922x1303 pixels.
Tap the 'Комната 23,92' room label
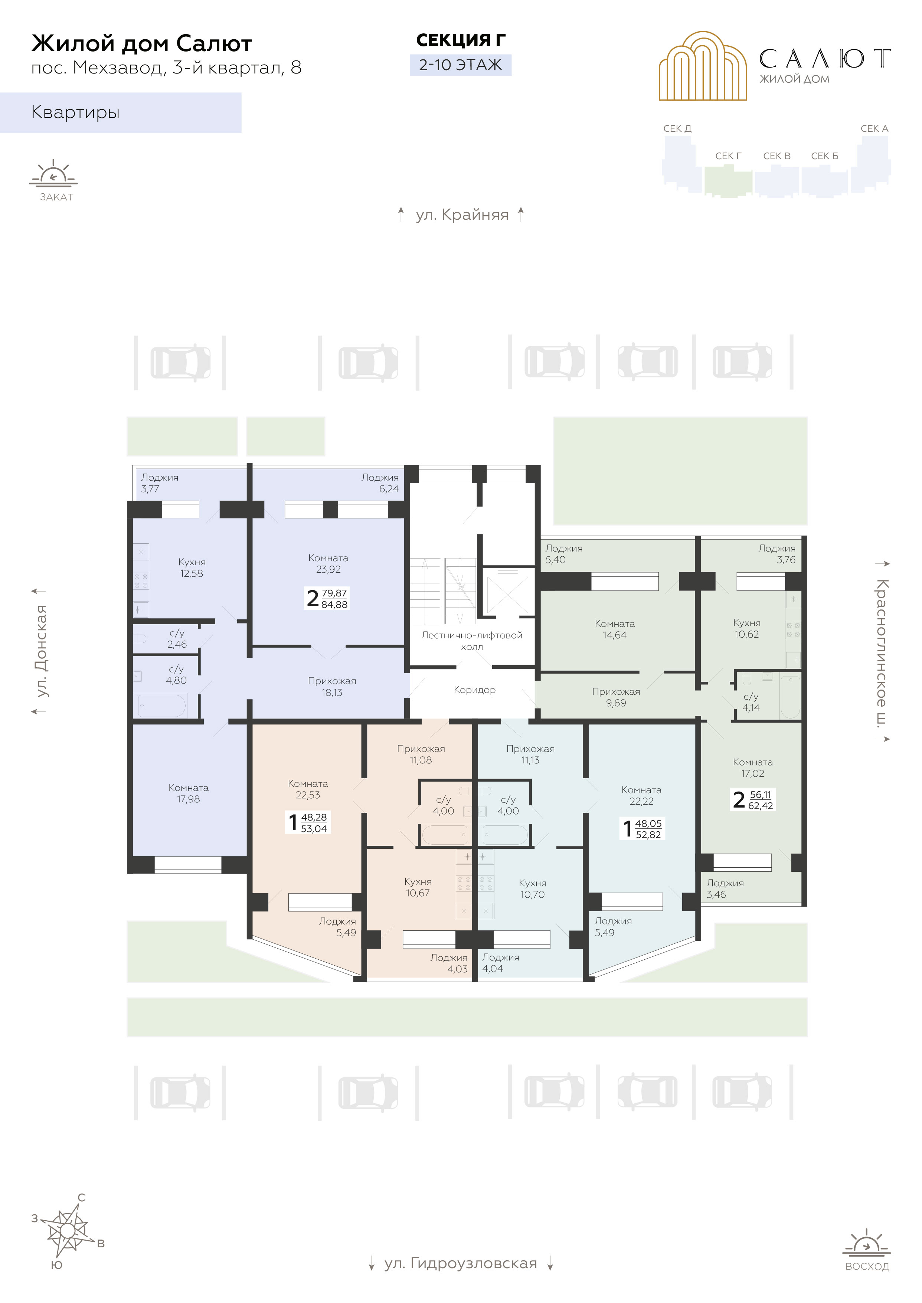point(328,563)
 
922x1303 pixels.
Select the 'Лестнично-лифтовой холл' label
point(472,641)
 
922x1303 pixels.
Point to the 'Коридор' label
point(475,690)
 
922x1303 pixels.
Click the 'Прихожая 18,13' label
point(332,687)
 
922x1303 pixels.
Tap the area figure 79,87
point(334,593)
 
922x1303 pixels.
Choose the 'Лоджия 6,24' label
point(380,483)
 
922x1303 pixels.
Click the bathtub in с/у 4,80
point(162,706)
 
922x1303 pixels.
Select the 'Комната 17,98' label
point(189,793)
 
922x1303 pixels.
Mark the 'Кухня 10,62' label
point(746,629)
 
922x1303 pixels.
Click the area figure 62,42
point(761,806)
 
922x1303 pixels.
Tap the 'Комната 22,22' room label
point(641,796)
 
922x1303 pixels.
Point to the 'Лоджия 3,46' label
point(725,889)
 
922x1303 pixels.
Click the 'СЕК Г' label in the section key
point(728,156)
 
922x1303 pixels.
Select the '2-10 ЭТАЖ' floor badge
point(460,65)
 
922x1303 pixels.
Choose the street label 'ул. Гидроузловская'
point(460,1263)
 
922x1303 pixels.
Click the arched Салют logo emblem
point(703,66)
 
